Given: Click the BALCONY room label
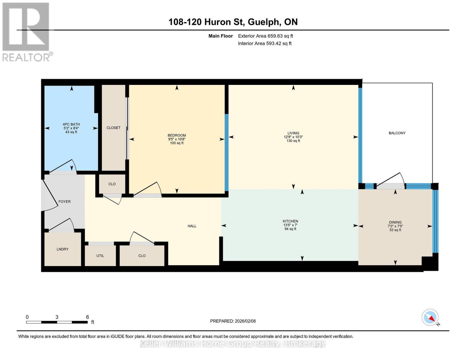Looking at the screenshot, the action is click(x=397, y=133).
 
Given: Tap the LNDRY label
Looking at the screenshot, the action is click(x=62, y=249).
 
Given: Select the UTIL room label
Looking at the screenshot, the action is click(x=100, y=256).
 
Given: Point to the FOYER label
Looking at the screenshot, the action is click(x=64, y=202).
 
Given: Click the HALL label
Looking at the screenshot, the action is click(x=192, y=226).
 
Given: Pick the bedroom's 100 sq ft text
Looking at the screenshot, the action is click(x=177, y=143).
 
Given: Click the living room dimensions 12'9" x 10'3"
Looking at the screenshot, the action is click(x=293, y=137).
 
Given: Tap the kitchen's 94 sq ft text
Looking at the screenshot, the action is click(x=290, y=229).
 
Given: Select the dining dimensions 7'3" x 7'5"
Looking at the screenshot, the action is click(x=395, y=226).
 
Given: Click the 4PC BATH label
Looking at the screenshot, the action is click(x=71, y=124).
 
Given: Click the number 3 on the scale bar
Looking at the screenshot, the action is click(x=57, y=317).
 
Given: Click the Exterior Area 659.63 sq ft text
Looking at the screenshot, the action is click(x=266, y=36).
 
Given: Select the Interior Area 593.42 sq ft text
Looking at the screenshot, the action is click(x=265, y=43).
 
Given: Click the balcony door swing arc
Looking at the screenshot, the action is click(x=402, y=178).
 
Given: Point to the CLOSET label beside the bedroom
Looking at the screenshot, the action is click(x=113, y=128).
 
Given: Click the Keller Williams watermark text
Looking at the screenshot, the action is click(x=233, y=344).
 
